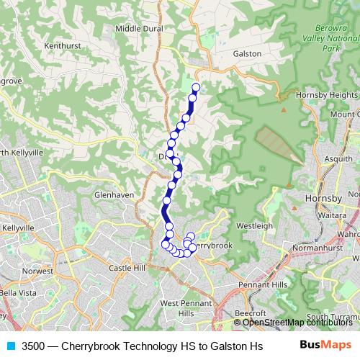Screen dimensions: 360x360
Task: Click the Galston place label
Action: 247,53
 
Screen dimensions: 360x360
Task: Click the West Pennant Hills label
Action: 178,308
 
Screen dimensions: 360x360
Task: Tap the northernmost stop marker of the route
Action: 196,88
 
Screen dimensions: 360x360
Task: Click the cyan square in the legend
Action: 10,344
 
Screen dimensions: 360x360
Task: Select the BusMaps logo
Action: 326,344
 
